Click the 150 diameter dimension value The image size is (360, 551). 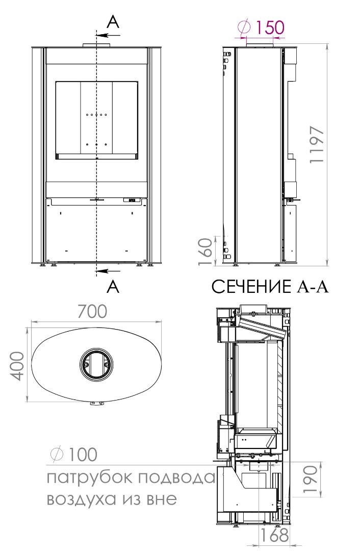pos(269,27)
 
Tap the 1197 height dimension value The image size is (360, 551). pos(317,144)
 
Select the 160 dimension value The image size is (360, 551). pos(206,252)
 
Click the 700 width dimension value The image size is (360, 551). pos(92,311)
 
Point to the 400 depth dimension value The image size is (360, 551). pos(17,366)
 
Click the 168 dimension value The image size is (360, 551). pos(274,535)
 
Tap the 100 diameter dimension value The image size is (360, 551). pos(82,455)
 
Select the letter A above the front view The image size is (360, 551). pos(113,22)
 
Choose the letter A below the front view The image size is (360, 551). pos(113,287)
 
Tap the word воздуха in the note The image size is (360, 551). pos(81,499)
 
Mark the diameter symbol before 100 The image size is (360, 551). pos(57,455)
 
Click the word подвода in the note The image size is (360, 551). pos(175,478)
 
